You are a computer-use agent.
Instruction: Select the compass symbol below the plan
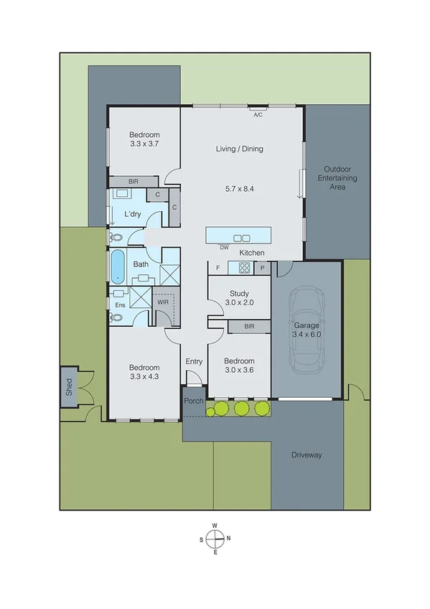pos(215,538)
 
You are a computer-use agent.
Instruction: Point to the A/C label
pos(257,113)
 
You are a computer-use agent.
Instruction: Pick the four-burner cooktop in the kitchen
pos(243,268)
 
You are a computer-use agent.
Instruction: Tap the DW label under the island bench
pos(225,248)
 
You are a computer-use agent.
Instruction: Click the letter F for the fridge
pos(217,268)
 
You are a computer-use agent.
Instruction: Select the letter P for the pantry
pos(263,268)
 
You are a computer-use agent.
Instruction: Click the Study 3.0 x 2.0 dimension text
pos(239,302)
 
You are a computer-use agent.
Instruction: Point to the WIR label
pos(163,302)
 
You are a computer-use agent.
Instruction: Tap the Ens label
pos(119,305)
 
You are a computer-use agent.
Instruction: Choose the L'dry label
pos(132,214)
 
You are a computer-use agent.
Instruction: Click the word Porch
pos(194,401)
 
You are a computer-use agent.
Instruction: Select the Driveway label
pos(307,455)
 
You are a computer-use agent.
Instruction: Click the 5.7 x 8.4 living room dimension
pos(240,189)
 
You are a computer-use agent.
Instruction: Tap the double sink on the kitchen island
pos(242,238)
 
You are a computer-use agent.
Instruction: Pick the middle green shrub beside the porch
pos(240,408)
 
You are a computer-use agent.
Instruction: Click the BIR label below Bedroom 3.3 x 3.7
pos(134,182)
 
